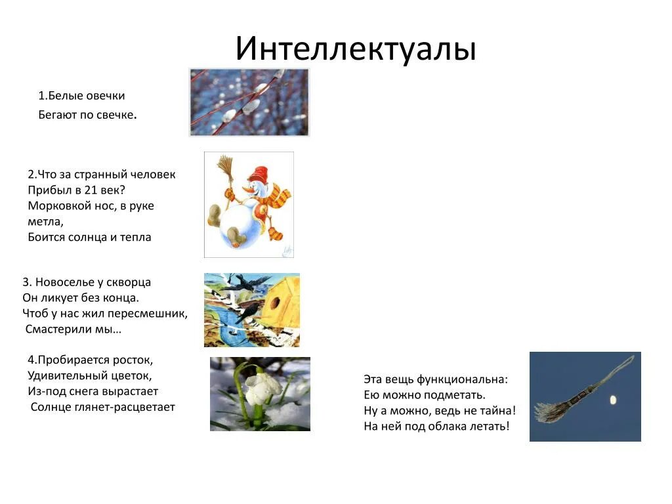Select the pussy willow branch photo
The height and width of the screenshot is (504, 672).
pos(249,102)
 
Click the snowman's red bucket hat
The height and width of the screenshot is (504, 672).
pos(258,175)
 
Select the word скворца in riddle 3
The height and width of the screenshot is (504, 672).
pos(129,282)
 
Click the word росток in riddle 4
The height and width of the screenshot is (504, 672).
pos(134,360)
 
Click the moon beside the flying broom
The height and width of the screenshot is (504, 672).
pos(614,399)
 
